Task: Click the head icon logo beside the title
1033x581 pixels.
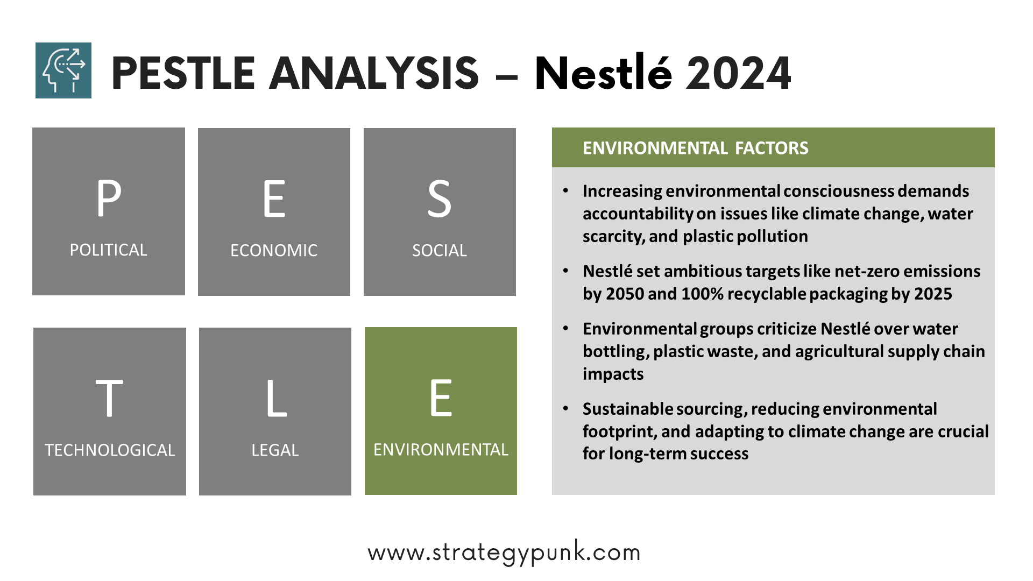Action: pyautogui.click(x=63, y=70)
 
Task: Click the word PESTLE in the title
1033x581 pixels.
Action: pyautogui.click(x=183, y=73)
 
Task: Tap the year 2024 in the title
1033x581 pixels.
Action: pyautogui.click(x=738, y=73)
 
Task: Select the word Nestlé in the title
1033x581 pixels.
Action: pyautogui.click(x=603, y=72)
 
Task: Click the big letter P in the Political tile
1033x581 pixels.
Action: pyautogui.click(x=109, y=198)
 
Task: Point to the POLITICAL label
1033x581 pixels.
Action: pyautogui.click(x=108, y=250)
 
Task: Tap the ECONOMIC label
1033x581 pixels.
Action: pyautogui.click(x=274, y=251)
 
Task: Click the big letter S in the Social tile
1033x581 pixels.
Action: pyautogui.click(x=440, y=199)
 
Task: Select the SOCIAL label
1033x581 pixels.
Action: pyautogui.click(x=440, y=251)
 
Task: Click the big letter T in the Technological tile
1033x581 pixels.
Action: pyautogui.click(x=109, y=398)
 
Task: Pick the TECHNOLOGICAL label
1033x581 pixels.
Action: pyautogui.click(x=110, y=450)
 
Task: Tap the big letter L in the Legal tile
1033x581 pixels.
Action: pyautogui.click(x=277, y=398)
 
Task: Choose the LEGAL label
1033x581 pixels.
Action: pyautogui.click(x=275, y=450)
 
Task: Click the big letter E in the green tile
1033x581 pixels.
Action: pyautogui.click(x=441, y=398)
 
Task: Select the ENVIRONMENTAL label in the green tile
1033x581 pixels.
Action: pyautogui.click(x=441, y=450)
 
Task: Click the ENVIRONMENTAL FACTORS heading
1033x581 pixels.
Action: pyautogui.click(x=695, y=148)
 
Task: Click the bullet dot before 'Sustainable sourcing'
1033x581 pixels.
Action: pyautogui.click(x=565, y=409)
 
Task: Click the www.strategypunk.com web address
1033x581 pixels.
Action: pyautogui.click(x=504, y=552)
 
